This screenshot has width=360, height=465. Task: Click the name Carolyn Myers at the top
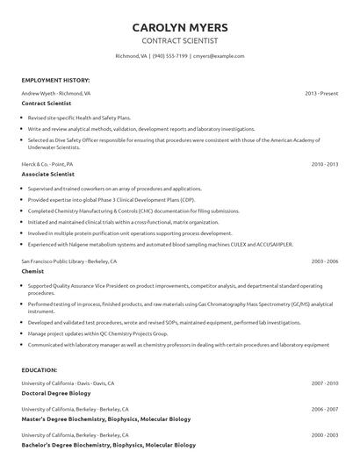pos(179,27)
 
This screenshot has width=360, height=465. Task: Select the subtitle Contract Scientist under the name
pos(179,40)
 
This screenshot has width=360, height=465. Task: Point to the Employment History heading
pos(54,80)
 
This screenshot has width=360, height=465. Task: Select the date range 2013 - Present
pos(321,92)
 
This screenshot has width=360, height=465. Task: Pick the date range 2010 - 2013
pos(324,164)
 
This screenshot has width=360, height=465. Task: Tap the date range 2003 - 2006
pos(324,261)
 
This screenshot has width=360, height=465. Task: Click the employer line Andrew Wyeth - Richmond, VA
pos(55,92)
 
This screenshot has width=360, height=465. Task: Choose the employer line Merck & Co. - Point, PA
pos(47,164)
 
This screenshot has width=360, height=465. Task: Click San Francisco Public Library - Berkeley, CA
pos(68,261)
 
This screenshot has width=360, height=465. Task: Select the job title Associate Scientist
pos(54,175)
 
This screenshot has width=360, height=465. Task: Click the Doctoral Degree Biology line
pos(57,394)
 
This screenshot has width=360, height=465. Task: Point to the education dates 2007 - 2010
pos(324,383)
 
